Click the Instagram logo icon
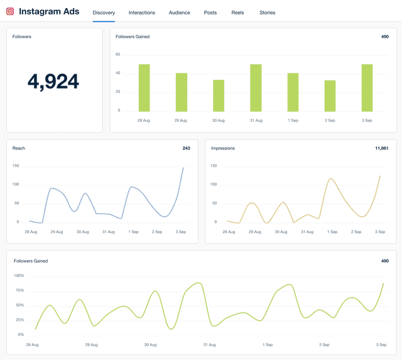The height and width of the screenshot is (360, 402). pyautogui.click(x=10, y=11)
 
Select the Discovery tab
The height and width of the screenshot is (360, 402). pyautogui.click(x=104, y=13)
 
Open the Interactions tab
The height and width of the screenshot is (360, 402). pyautogui.click(x=142, y=13)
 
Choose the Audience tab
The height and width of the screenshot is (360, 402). pyautogui.click(x=180, y=13)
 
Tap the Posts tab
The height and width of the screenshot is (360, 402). pyautogui.click(x=210, y=13)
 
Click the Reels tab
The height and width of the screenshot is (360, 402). pyautogui.click(x=237, y=13)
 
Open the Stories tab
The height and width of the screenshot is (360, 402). pyautogui.click(x=267, y=13)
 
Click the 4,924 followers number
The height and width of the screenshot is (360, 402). pyautogui.click(x=53, y=81)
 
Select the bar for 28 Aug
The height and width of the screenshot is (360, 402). pyautogui.click(x=144, y=88)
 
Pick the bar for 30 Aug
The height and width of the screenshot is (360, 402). pyautogui.click(x=219, y=95)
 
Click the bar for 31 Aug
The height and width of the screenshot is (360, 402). pyautogui.click(x=256, y=88)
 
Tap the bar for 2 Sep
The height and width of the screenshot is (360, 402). pyautogui.click(x=330, y=96)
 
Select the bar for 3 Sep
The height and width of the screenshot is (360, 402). pyautogui.click(x=367, y=88)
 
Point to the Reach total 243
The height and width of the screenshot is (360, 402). pyautogui.click(x=186, y=148)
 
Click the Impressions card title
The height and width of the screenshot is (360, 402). pyautogui.click(x=223, y=148)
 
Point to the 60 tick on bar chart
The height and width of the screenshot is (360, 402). pyautogui.click(x=117, y=54)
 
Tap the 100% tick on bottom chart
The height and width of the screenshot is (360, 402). pyautogui.click(x=19, y=276)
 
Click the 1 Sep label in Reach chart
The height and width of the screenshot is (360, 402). pyautogui.click(x=134, y=232)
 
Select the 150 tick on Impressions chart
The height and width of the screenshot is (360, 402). pyautogui.click(x=214, y=166)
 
